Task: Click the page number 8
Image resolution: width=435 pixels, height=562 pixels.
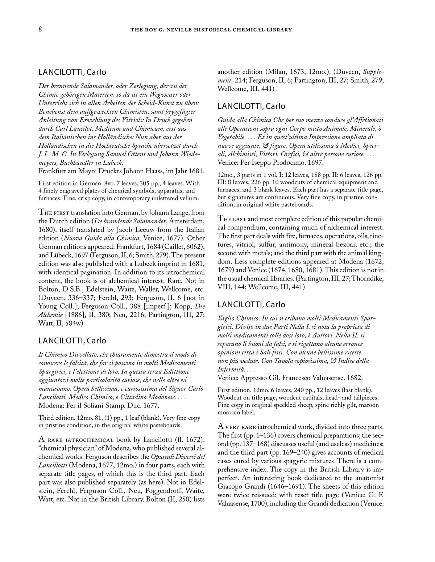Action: tap(41, 30)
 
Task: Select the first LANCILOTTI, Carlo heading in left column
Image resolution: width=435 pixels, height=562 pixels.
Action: tap(72, 72)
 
